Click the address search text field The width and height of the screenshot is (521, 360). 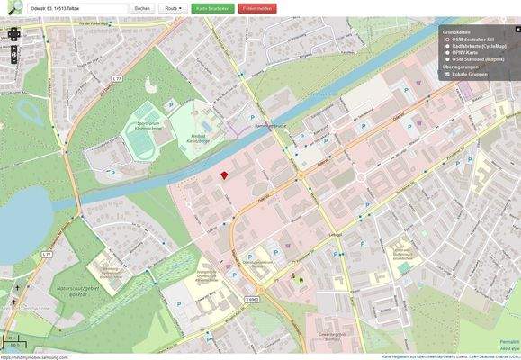pos(77,8)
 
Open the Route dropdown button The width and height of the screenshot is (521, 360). pos(173,8)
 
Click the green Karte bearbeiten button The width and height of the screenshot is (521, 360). pos(213,8)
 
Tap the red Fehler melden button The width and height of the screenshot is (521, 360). pos(258,8)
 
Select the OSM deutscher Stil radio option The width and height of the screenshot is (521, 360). pos(447,40)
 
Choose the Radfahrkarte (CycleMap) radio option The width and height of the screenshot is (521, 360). pos(447,46)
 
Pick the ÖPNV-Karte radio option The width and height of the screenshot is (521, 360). pos(447,52)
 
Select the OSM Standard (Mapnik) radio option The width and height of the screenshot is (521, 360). pos(447,58)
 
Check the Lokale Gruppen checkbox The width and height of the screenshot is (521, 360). pos(447,74)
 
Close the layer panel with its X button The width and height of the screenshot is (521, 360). pos(517,30)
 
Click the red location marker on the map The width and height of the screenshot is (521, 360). pos(224,176)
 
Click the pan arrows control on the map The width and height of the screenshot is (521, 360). pos(13,36)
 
